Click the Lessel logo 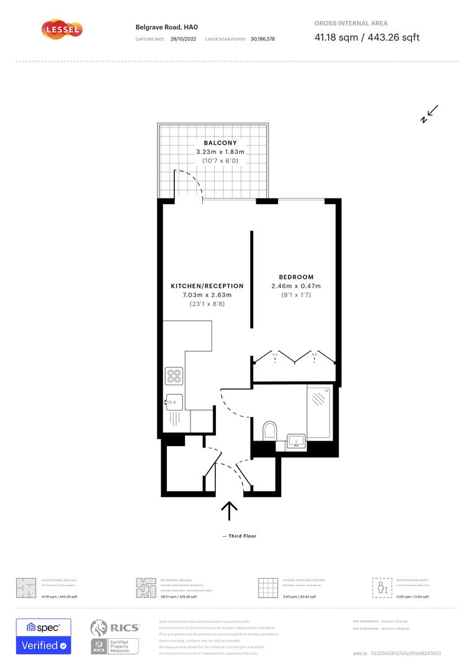61,29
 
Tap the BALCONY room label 220,143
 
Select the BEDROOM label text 296,277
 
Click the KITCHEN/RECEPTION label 207,286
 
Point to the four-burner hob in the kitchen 174,376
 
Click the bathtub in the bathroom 320,412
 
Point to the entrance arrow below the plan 230,511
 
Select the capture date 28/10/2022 182,38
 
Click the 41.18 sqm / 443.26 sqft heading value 367,37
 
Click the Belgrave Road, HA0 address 158,27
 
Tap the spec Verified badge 43,636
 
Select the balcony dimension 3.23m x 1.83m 220,152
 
